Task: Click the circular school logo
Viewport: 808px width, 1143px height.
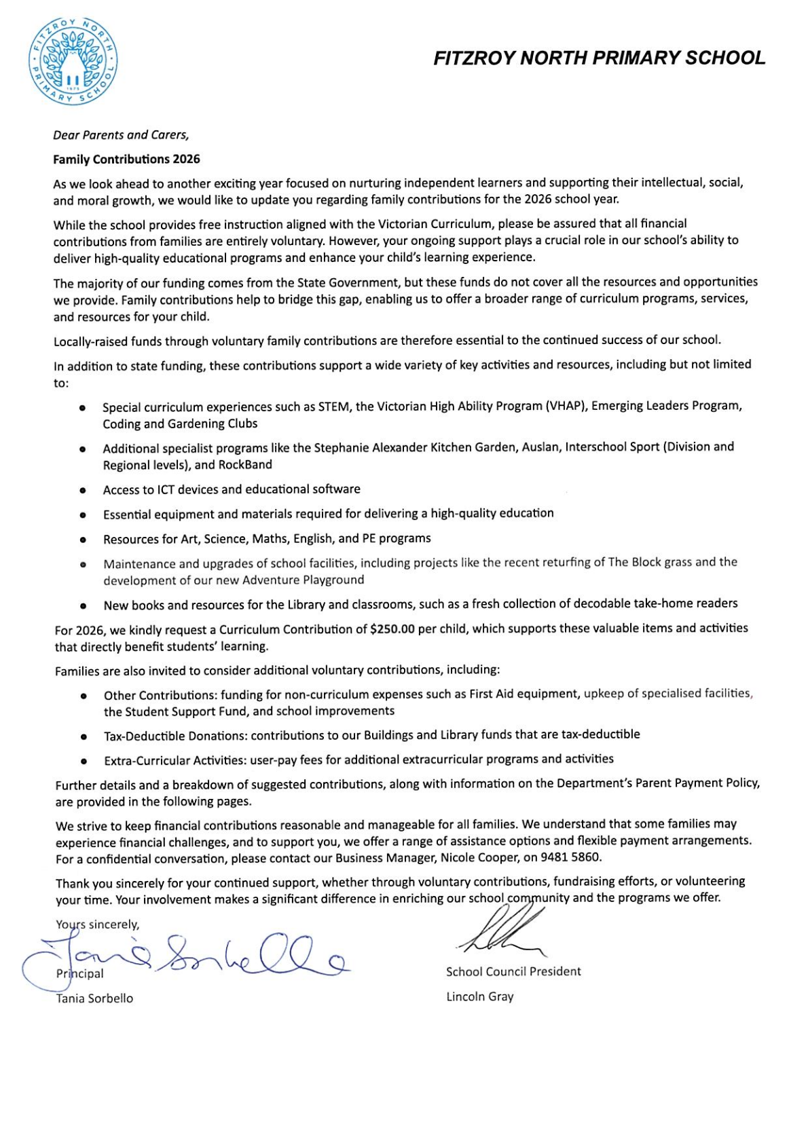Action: pyautogui.click(x=73, y=62)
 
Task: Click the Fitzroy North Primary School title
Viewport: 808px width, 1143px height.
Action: pyautogui.click(x=599, y=58)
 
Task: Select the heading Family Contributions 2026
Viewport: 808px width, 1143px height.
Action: pyautogui.click(x=127, y=160)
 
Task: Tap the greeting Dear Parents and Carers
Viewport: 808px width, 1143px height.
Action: pyautogui.click(x=121, y=135)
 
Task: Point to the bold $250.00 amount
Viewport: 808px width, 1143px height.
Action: pyautogui.click(x=392, y=629)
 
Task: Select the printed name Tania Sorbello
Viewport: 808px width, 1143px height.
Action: pyautogui.click(x=94, y=998)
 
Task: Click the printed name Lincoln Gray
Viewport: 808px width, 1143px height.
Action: pyautogui.click(x=479, y=996)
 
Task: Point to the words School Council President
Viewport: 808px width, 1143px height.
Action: pyautogui.click(x=513, y=971)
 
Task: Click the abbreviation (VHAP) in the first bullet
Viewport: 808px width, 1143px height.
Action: pyautogui.click(x=565, y=406)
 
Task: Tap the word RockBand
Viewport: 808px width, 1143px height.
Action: pyautogui.click(x=245, y=465)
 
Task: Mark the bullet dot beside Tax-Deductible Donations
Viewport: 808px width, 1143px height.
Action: pyautogui.click(x=83, y=736)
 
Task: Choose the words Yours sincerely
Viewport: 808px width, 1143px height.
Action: pyautogui.click(x=98, y=924)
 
